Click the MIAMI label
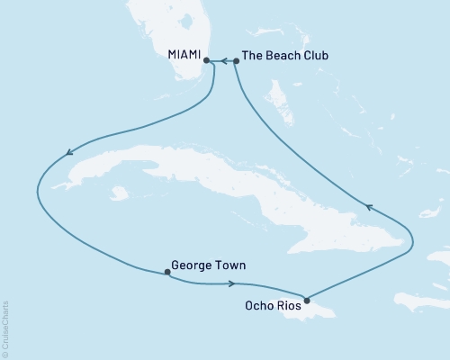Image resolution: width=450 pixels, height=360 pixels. pyautogui.click(x=184, y=55)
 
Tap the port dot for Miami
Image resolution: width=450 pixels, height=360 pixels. pyautogui.click(x=207, y=61)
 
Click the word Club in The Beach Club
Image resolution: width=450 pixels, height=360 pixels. pyautogui.click(x=310, y=56)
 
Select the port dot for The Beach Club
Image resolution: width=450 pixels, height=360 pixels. pyautogui.click(x=236, y=61)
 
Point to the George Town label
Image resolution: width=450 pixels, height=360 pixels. pyautogui.click(x=208, y=265)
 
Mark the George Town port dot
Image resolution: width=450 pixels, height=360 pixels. pyautogui.click(x=167, y=271)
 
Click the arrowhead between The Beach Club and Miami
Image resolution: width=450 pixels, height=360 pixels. pyautogui.click(x=221, y=61)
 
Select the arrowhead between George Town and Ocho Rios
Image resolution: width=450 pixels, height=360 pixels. pyautogui.click(x=232, y=284)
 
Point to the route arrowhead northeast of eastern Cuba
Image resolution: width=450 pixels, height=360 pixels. pyautogui.click(x=368, y=208)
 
